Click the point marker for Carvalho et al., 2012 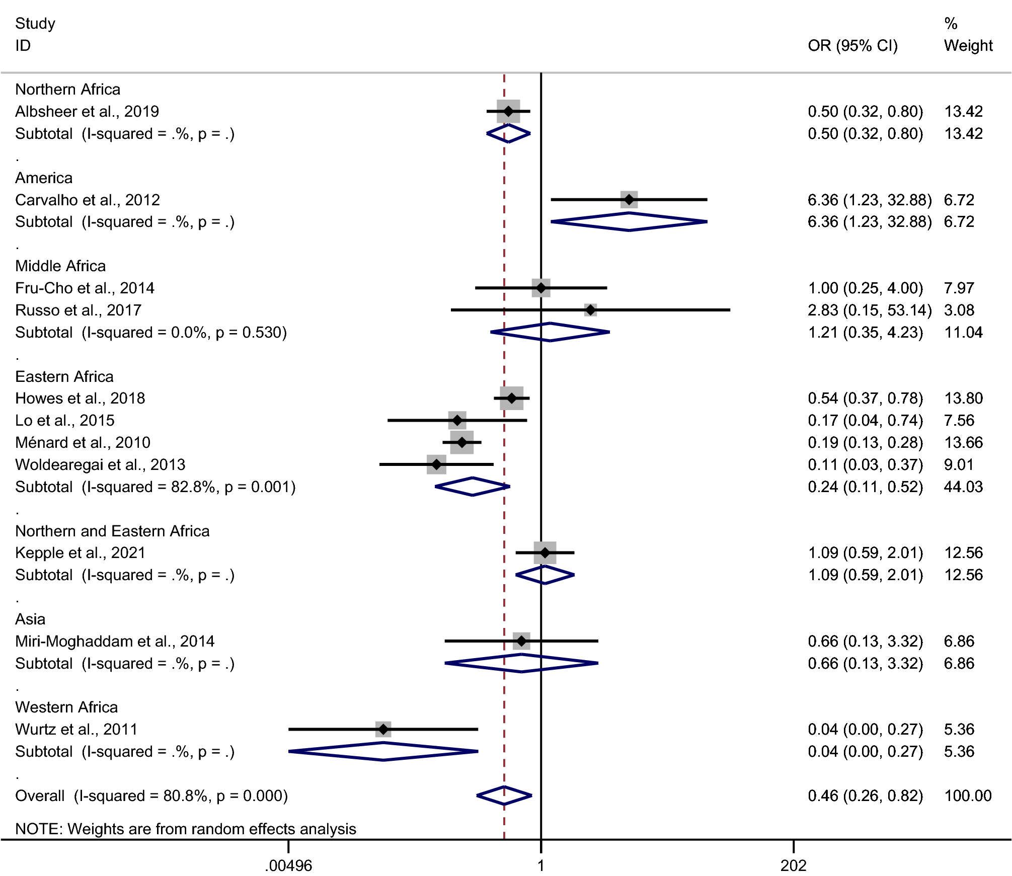pos(629,200)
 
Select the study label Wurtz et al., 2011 pos(76,729)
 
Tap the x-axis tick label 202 pos(793,865)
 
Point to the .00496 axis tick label pos(288,865)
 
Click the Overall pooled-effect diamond pos(504,795)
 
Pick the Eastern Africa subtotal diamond pos(473,487)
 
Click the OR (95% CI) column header pos(852,46)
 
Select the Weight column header pos(968,46)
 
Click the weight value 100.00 pos(967,795)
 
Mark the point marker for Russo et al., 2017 pos(590,310)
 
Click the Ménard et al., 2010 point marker pos(462,442)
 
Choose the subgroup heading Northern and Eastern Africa pos(112,531)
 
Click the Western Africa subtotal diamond pos(383,751)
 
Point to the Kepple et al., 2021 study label pos(80,552)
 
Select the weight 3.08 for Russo pos(959,310)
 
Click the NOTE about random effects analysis pos(186,829)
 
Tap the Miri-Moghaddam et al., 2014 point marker pos(521,641)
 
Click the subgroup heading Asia pos(30,619)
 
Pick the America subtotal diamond pos(629,222)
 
